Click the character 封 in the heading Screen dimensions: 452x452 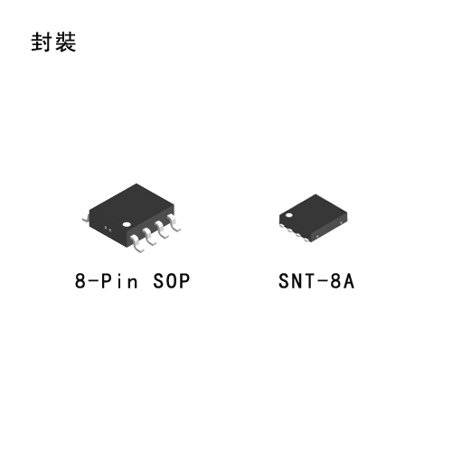pos(41,42)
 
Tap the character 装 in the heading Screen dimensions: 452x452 pos(65,42)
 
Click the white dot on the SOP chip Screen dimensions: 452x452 pos(127,224)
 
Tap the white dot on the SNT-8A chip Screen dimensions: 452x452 pos(289,215)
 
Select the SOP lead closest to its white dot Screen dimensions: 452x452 pos(137,243)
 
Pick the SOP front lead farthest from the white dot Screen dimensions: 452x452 pos(174,222)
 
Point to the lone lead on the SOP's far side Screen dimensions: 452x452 pos(86,219)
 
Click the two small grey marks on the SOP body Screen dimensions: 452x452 pos(108,229)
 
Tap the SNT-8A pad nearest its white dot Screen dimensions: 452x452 pos(282,225)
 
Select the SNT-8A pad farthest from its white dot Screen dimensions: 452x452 pos(307,239)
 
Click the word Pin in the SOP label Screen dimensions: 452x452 pos(118,281)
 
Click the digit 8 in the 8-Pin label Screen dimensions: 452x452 pos(80,281)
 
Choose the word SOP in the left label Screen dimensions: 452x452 pos(172,281)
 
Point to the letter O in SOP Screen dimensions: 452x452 pos(172,281)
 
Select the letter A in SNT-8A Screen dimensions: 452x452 pos(349,281)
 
